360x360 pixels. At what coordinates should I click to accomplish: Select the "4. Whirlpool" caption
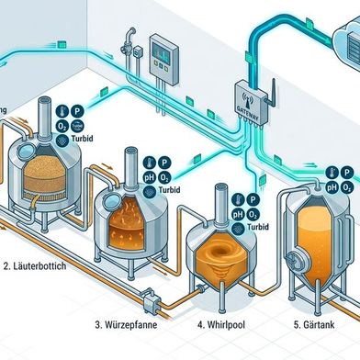tap(227, 324)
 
